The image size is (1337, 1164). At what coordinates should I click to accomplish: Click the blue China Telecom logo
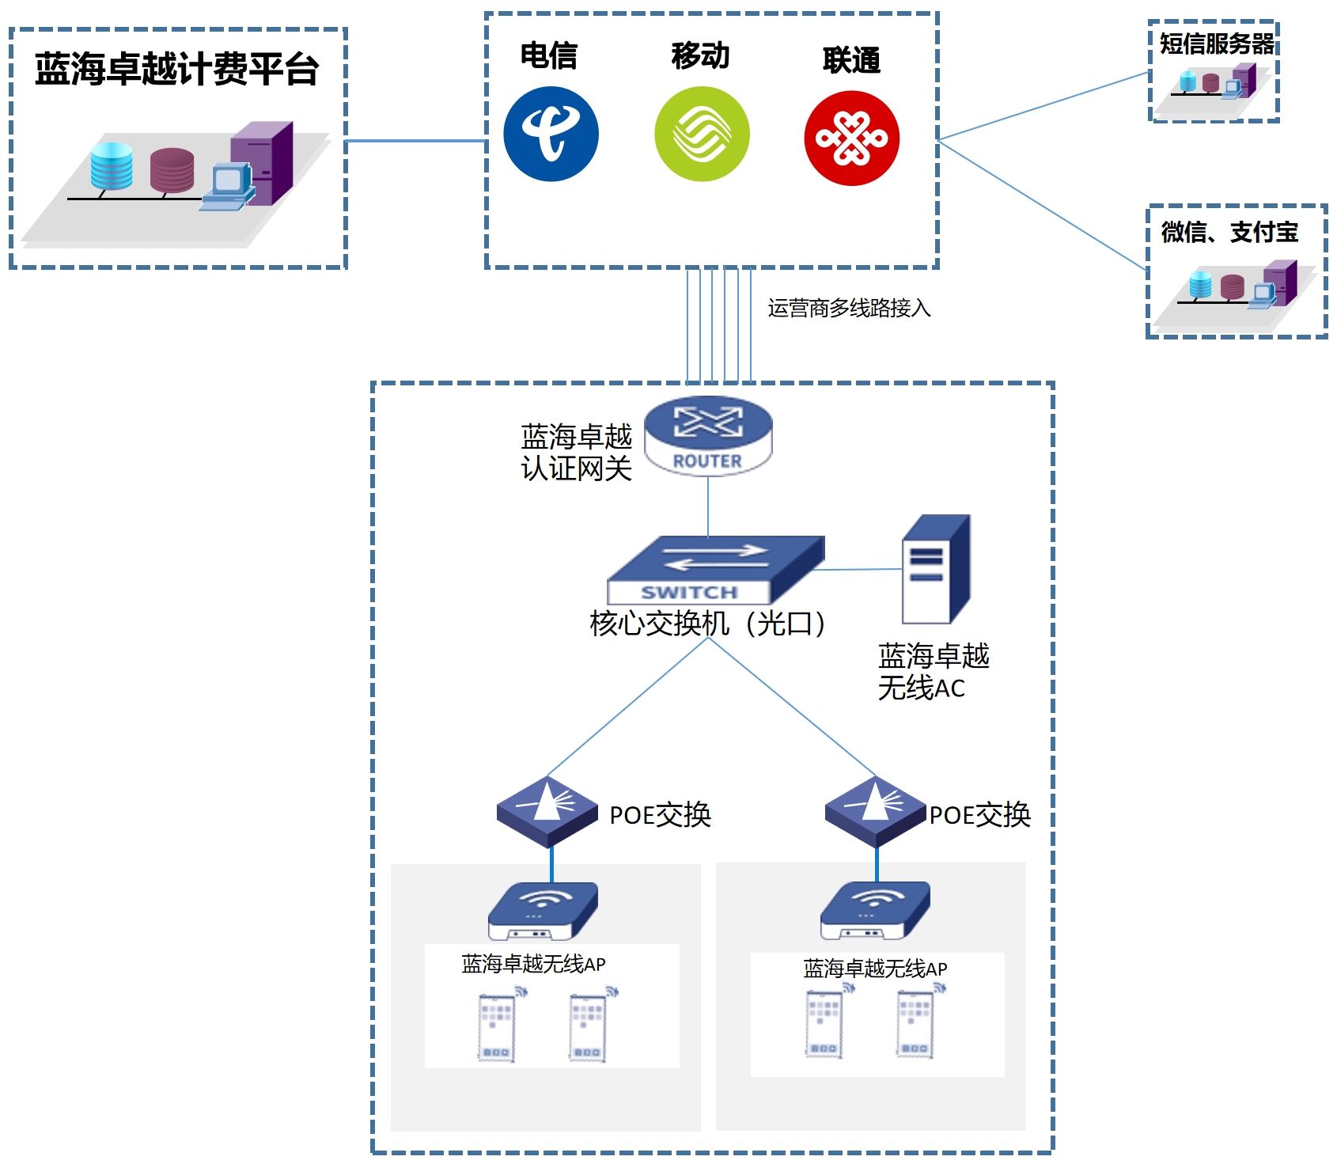[x=551, y=134]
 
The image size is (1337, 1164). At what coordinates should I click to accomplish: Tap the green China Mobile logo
[x=702, y=134]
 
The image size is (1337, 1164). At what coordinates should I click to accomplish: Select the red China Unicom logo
[x=851, y=138]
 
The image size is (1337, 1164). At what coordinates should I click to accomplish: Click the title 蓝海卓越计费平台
[x=176, y=70]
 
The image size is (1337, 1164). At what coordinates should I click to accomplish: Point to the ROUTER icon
[x=708, y=435]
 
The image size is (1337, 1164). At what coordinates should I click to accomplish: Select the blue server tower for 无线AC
[x=936, y=570]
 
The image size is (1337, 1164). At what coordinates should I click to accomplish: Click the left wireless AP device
[x=543, y=910]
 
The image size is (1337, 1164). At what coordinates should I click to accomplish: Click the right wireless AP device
[x=875, y=910]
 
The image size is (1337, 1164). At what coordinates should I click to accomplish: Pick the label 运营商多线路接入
[x=849, y=308]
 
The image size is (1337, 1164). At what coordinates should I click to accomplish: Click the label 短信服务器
[x=1217, y=44]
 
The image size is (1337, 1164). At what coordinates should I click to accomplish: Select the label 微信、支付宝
[x=1229, y=232]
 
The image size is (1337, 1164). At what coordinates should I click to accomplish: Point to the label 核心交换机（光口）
[x=708, y=624]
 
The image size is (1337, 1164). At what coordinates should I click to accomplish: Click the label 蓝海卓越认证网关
[x=576, y=453]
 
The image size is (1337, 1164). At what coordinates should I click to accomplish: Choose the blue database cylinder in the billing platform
[x=112, y=166]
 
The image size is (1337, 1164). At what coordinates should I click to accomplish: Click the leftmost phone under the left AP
[x=496, y=1026]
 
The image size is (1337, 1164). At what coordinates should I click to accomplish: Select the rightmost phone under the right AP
[x=915, y=1024]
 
